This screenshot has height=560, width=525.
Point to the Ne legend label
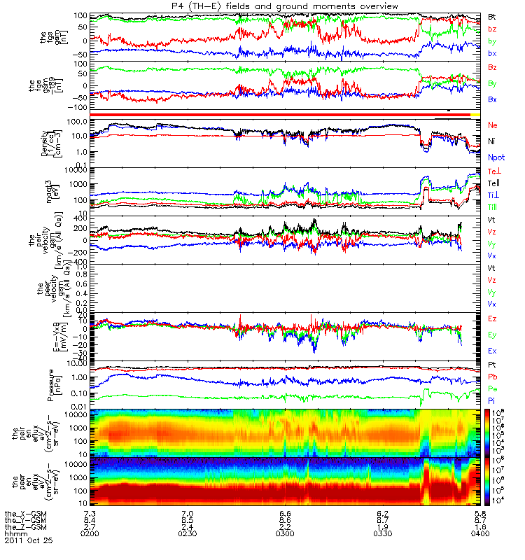[x=493, y=125]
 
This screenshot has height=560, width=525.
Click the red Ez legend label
[x=492, y=318]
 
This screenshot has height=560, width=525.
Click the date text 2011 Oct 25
[x=28, y=541]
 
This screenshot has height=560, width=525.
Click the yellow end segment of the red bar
[x=475, y=114]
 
